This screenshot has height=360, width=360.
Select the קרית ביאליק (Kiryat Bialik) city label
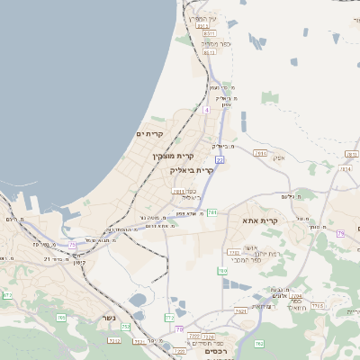[x=193, y=169]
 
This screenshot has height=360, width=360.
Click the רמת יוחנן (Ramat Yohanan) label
[x=254, y=254]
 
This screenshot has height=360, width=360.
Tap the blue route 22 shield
[x=219, y=159]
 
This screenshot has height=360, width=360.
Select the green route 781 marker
[x=212, y=211]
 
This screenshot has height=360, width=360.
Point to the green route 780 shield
[x=221, y=270]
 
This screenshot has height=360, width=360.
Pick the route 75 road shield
[x=72, y=232]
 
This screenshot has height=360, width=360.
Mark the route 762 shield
[x=258, y=344]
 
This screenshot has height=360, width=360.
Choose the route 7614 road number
[x=261, y=153]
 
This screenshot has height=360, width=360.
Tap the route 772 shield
[x=169, y=317]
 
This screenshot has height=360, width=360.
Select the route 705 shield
[x=61, y=317]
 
